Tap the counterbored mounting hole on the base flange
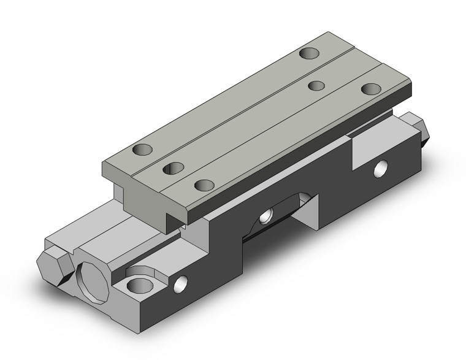140,284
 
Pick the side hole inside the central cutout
266,215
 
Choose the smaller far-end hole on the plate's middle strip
316,85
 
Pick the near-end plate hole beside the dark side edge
202,183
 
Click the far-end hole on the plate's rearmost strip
310,53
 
